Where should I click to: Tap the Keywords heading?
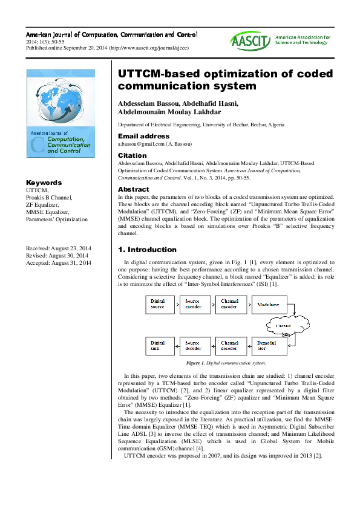tap(44, 183)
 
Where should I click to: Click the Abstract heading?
tap(133, 189)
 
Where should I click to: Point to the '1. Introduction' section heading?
tap(147, 250)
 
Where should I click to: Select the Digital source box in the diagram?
tap(158, 303)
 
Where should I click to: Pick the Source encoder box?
tap(193, 303)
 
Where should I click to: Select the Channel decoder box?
tap(229, 345)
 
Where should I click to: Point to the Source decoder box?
tap(193, 345)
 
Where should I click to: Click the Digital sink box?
tap(158, 345)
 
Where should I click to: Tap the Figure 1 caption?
tap(226, 363)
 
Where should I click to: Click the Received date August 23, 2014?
tap(59, 248)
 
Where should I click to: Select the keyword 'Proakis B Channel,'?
tap(49, 198)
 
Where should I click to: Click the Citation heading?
tap(132, 155)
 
